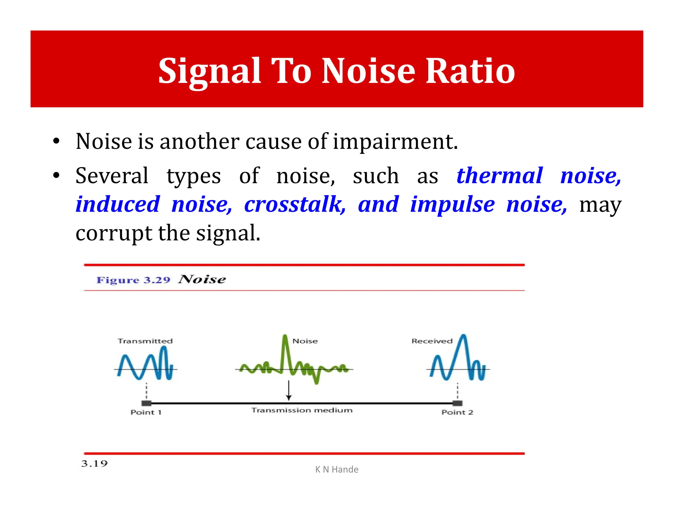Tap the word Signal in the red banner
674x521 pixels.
[209, 71]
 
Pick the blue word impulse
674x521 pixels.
[452, 205]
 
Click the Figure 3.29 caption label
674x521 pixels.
[133, 280]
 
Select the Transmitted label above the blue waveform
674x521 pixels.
[145, 341]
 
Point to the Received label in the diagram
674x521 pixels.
[432, 341]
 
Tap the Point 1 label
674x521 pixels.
[146, 412]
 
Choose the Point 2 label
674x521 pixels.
[457, 412]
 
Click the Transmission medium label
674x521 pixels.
[302, 410]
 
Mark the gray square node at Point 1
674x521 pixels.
[146, 403]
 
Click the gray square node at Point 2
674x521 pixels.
[457, 403]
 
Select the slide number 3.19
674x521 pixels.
[94, 464]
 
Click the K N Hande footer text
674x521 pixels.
[337, 469]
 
